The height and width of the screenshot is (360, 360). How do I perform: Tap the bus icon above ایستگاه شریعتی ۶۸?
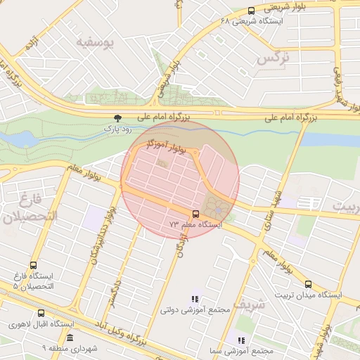tap(252, 11)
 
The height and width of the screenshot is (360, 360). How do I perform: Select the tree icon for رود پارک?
tap(117, 118)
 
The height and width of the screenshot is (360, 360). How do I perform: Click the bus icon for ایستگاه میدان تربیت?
tap(309, 284)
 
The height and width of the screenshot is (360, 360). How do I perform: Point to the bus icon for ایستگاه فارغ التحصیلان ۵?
tap(33, 265)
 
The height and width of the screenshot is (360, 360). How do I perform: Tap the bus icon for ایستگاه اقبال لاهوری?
tap(41, 313)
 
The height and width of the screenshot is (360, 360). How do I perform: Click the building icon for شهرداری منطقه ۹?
tap(69, 338)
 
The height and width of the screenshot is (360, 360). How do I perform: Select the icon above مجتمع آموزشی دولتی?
tap(195, 299)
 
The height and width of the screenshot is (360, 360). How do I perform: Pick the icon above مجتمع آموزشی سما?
tap(241, 340)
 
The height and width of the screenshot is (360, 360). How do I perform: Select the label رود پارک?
tap(117, 129)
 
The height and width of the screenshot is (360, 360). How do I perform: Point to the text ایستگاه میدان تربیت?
tap(309, 295)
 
